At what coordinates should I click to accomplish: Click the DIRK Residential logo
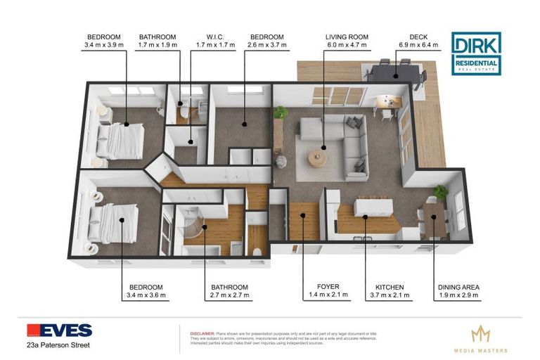click(476, 53)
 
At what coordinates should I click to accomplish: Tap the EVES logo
click(59, 330)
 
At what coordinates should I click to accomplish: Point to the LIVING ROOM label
click(347, 37)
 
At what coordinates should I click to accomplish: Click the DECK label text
click(418, 37)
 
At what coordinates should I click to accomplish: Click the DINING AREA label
click(458, 287)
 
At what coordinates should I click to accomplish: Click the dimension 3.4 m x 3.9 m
click(105, 46)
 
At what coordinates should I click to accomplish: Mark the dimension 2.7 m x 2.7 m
click(231, 295)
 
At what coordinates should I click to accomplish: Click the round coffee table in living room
click(318, 160)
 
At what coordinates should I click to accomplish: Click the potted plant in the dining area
click(441, 191)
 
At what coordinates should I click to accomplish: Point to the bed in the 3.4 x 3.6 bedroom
click(113, 223)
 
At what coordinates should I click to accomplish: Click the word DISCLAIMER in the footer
click(201, 327)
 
